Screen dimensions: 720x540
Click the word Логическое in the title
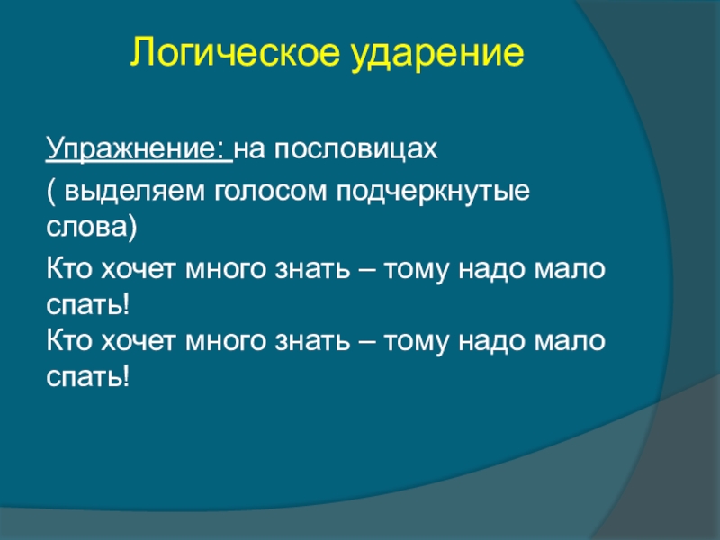pyautogui.click(x=236, y=51)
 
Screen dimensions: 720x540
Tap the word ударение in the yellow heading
pyautogui.click(x=437, y=54)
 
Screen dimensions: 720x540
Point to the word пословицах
pyautogui.click(x=356, y=149)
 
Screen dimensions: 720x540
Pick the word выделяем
pyautogui.click(x=134, y=191)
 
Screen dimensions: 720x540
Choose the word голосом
pyautogui.click(x=271, y=192)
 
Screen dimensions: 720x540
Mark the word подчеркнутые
pyautogui.click(x=433, y=192)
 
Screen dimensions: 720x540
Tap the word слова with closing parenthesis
pyautogui.click(x=92, y=227)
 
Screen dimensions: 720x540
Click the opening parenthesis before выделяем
pyautogui.click(x=50, y=191)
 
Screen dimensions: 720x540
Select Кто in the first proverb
pyautogui.click(x=69, y=268)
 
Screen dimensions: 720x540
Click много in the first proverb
pyautogui.click(x=226, y=270)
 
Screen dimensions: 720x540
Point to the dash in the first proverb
pyautogui.click(x=367, y=269)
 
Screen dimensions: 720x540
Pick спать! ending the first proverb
pyautogui.click(x=87, y=305)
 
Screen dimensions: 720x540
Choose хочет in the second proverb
pyautogui.click(x=138, y=342)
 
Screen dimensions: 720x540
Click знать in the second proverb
pyautogui.click(x=312, y=342)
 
